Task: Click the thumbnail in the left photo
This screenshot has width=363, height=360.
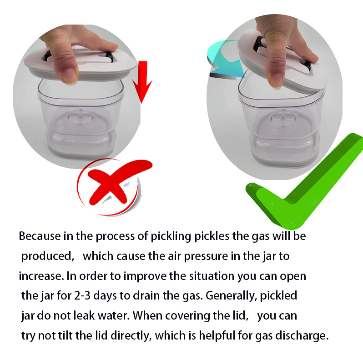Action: pyautogui.click(x=68, y=73)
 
